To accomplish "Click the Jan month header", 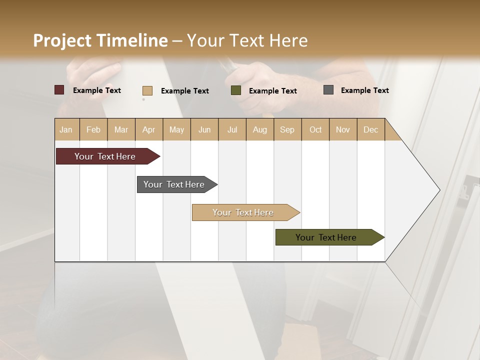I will (66, 129).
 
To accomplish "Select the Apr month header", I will (148, 129).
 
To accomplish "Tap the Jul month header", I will (232, 129).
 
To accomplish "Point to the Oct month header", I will (315, 129).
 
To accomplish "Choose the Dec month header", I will (370, 129).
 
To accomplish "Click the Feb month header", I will (93, 129).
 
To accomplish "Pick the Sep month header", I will (287, 129).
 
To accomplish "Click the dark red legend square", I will (59, 90).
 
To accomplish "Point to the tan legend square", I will (147, 90).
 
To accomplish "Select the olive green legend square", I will (236, 90).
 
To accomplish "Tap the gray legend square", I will (328, 90).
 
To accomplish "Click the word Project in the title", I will (62, 40).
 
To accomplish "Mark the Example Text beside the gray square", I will (364, 90).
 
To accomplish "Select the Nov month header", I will (342, 129).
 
